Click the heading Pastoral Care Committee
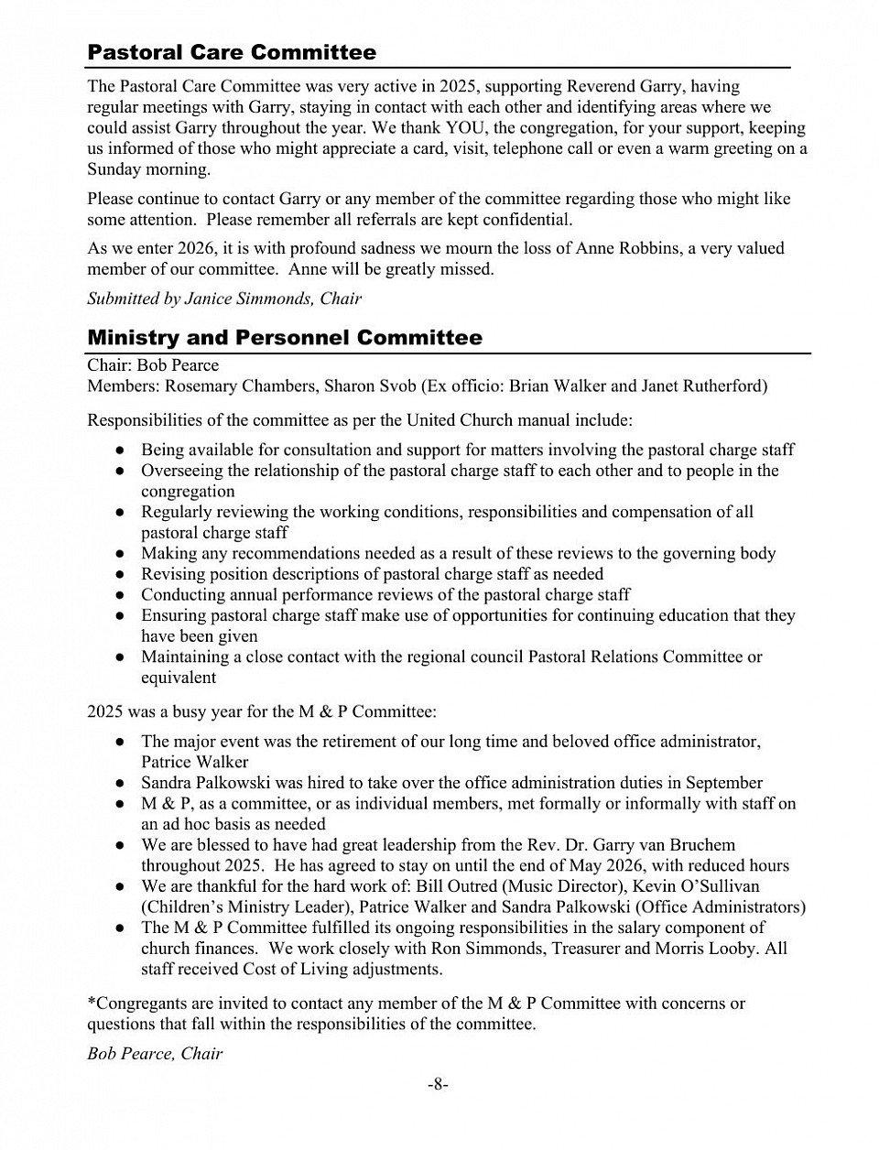pyautogui.click(x=231, y=52)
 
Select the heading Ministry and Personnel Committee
pyautogui.click(x=284, y=338)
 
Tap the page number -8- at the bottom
pyautogui.click(x=438, y=1085)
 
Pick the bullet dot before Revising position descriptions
pyautogui.click(x=120, y=575)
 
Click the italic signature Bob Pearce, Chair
pyautogui.click(x=155, y=1053)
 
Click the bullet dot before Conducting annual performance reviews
pyautogui.click(x=120, y=595)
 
